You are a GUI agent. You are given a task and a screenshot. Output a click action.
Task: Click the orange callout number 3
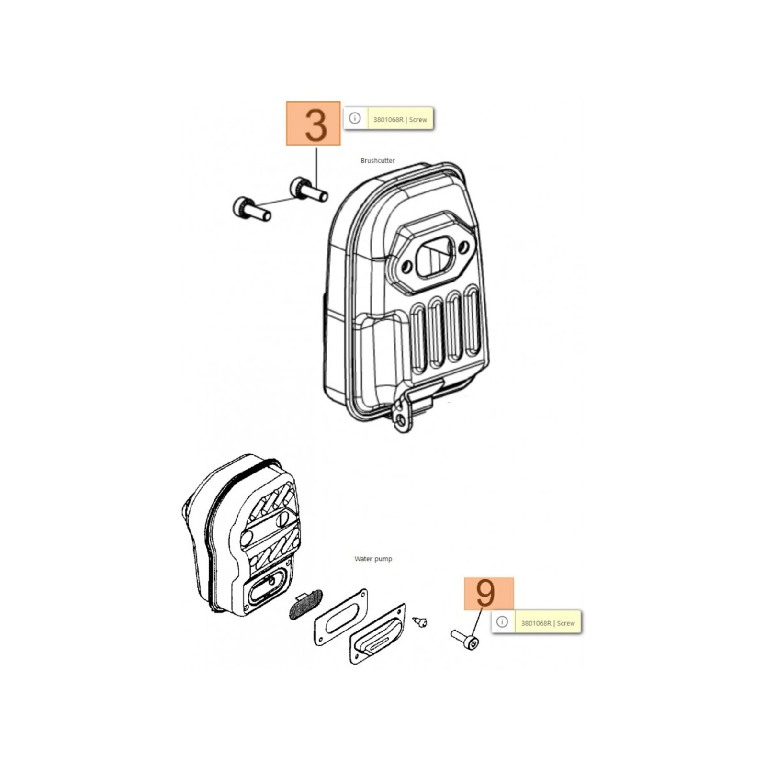tap(313, 124)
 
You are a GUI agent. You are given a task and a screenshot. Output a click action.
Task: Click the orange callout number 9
tap(488, 593)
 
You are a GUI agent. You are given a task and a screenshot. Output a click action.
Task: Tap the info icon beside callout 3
tap(355, 118)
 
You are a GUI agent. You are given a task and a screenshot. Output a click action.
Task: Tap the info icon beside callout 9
tap(502, 622)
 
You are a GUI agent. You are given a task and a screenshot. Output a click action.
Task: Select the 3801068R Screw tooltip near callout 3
tap(400, 119)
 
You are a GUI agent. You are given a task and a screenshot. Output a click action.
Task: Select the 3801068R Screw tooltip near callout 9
tap(548, 623)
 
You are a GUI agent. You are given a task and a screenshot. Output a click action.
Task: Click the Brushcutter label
tap(378, 160)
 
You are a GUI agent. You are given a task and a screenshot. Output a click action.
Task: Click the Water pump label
tap(373, 559)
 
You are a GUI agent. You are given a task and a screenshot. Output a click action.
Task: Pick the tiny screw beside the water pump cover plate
tap(420, 621)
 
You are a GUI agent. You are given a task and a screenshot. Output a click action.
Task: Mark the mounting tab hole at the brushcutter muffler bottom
tap(400, 420)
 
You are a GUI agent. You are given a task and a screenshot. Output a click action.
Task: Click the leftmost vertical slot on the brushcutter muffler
tap(418, 338)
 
